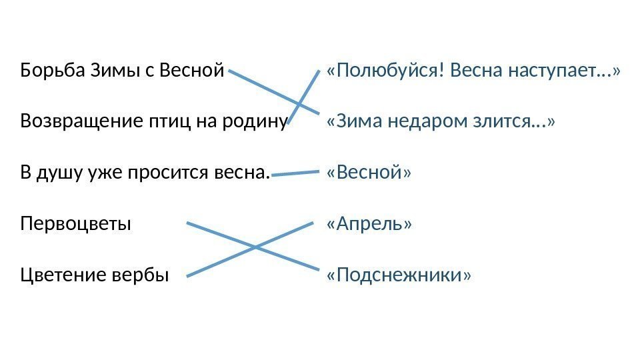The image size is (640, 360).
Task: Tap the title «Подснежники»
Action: click(x=398, y=275)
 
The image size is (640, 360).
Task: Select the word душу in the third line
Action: click(x=54, y=173)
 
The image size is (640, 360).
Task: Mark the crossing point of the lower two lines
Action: click(x=255, y=247)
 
